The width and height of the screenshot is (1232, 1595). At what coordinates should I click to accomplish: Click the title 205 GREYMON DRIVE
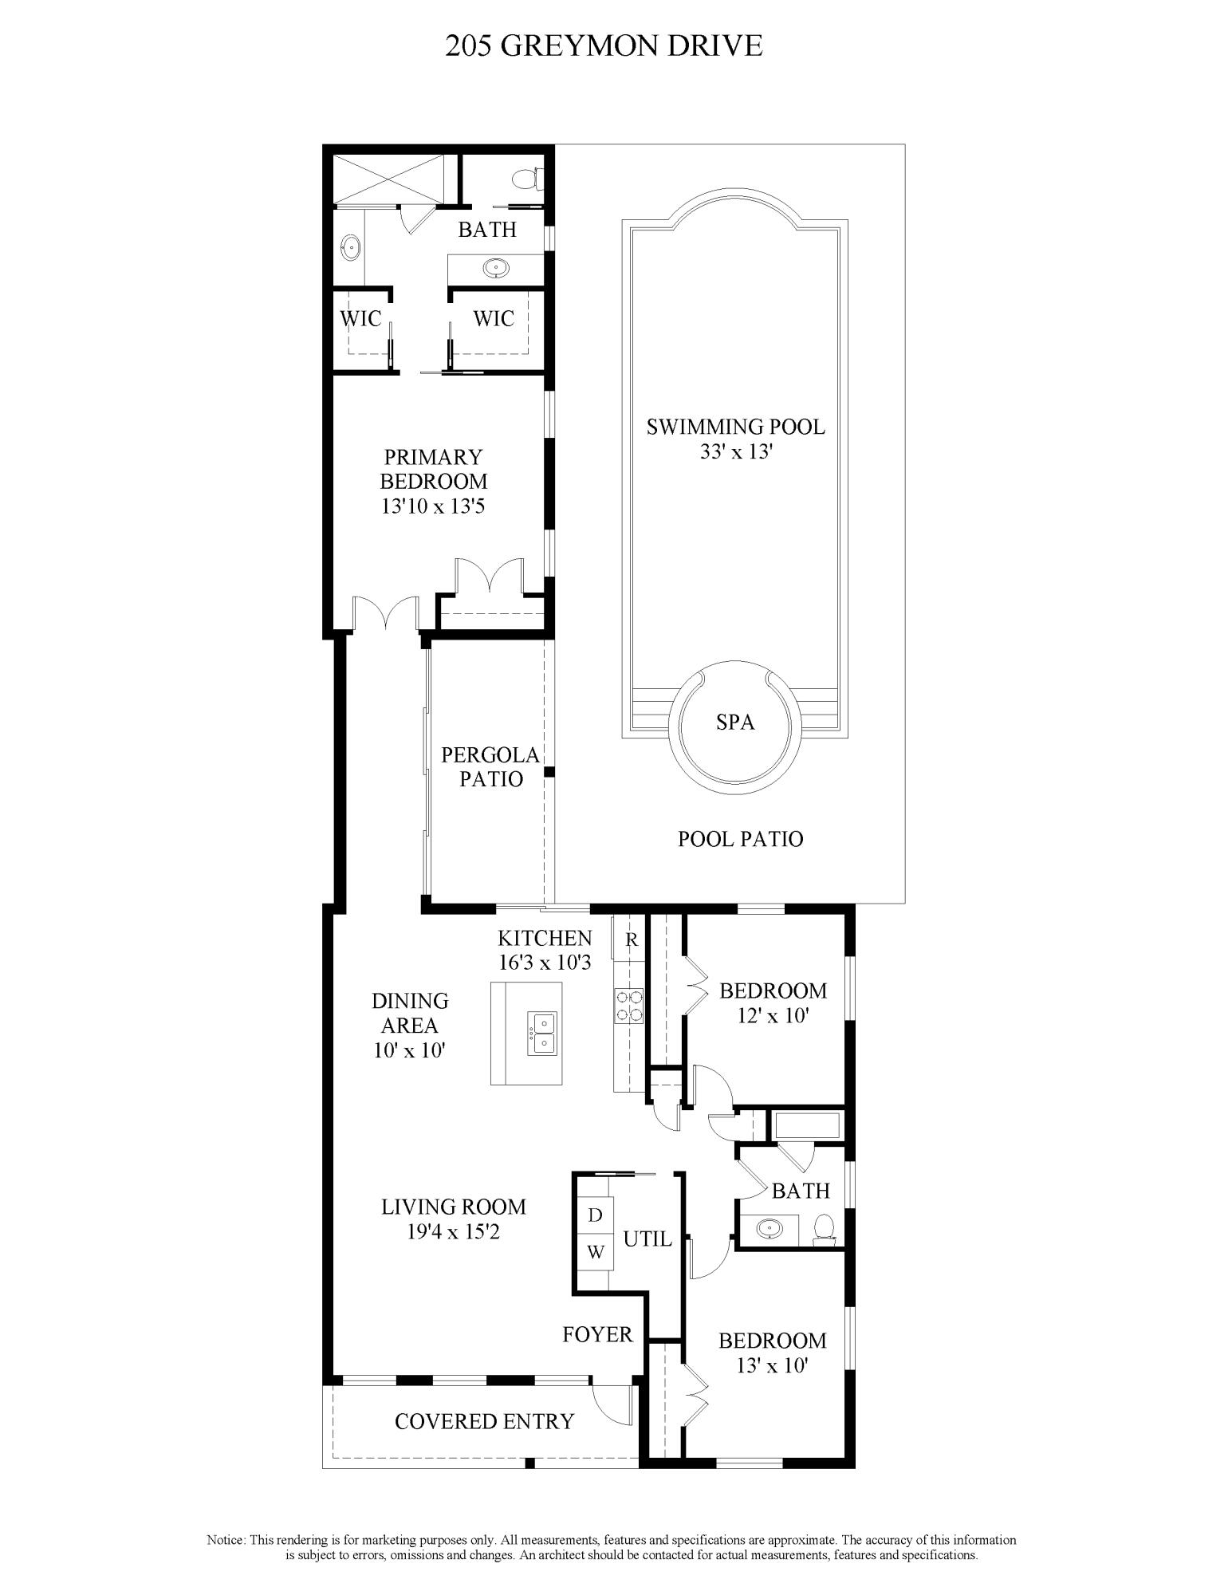(x=604, y=46)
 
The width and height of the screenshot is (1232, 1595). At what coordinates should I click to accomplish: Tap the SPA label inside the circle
(x=734, y=723)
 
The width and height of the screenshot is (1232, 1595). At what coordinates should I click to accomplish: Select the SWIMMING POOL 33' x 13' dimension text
(x=735, y=451)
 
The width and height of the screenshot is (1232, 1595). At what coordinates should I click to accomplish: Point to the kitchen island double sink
(x=542, y=1034)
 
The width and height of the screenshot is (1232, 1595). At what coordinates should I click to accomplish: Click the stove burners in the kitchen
(x=628, y=1006)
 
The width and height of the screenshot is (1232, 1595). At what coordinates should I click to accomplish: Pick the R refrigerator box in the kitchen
(x=632, y=939)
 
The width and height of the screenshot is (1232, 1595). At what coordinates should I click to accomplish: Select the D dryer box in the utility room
(x=595, y=1215)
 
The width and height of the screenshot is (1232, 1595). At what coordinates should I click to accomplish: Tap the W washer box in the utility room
(x=595, y=1251)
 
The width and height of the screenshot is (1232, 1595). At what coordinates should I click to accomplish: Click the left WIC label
(x=360, y=318)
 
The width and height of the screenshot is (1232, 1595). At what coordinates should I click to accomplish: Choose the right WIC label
(x=494, y=318)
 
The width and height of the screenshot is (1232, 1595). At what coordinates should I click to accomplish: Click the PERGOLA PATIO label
(x=490, y=766)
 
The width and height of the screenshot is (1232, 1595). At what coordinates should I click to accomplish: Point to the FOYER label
(x=597, y=1334)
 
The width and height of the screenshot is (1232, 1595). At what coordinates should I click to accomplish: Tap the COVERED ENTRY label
(x=484, y=1421)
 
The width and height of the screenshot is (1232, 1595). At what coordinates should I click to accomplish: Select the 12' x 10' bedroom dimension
(x=773, y=1016)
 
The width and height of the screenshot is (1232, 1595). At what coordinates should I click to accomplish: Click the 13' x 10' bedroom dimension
(x=772, y=1365)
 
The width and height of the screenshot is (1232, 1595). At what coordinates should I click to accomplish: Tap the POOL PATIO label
(x=740, y=838)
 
